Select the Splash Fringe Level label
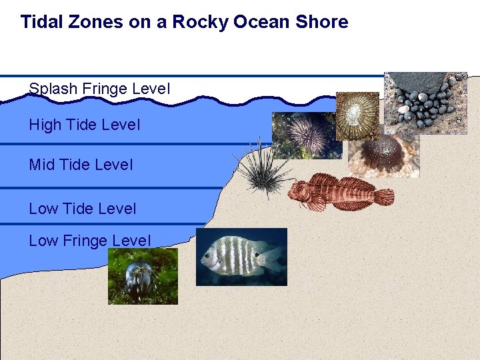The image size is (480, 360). point(100,89)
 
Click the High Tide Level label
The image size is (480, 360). point(85,125)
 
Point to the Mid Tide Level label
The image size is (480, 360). point(81,164)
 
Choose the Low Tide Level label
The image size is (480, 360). point(83,209)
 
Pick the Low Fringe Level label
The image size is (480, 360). point(90,241)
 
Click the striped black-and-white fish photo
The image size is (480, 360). point(241,257)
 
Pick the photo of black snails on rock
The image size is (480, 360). point(425,103)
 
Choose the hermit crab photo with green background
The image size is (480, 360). point(143,276)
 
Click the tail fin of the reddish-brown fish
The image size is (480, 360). point(383,197)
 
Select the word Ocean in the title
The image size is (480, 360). point(260,22)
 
